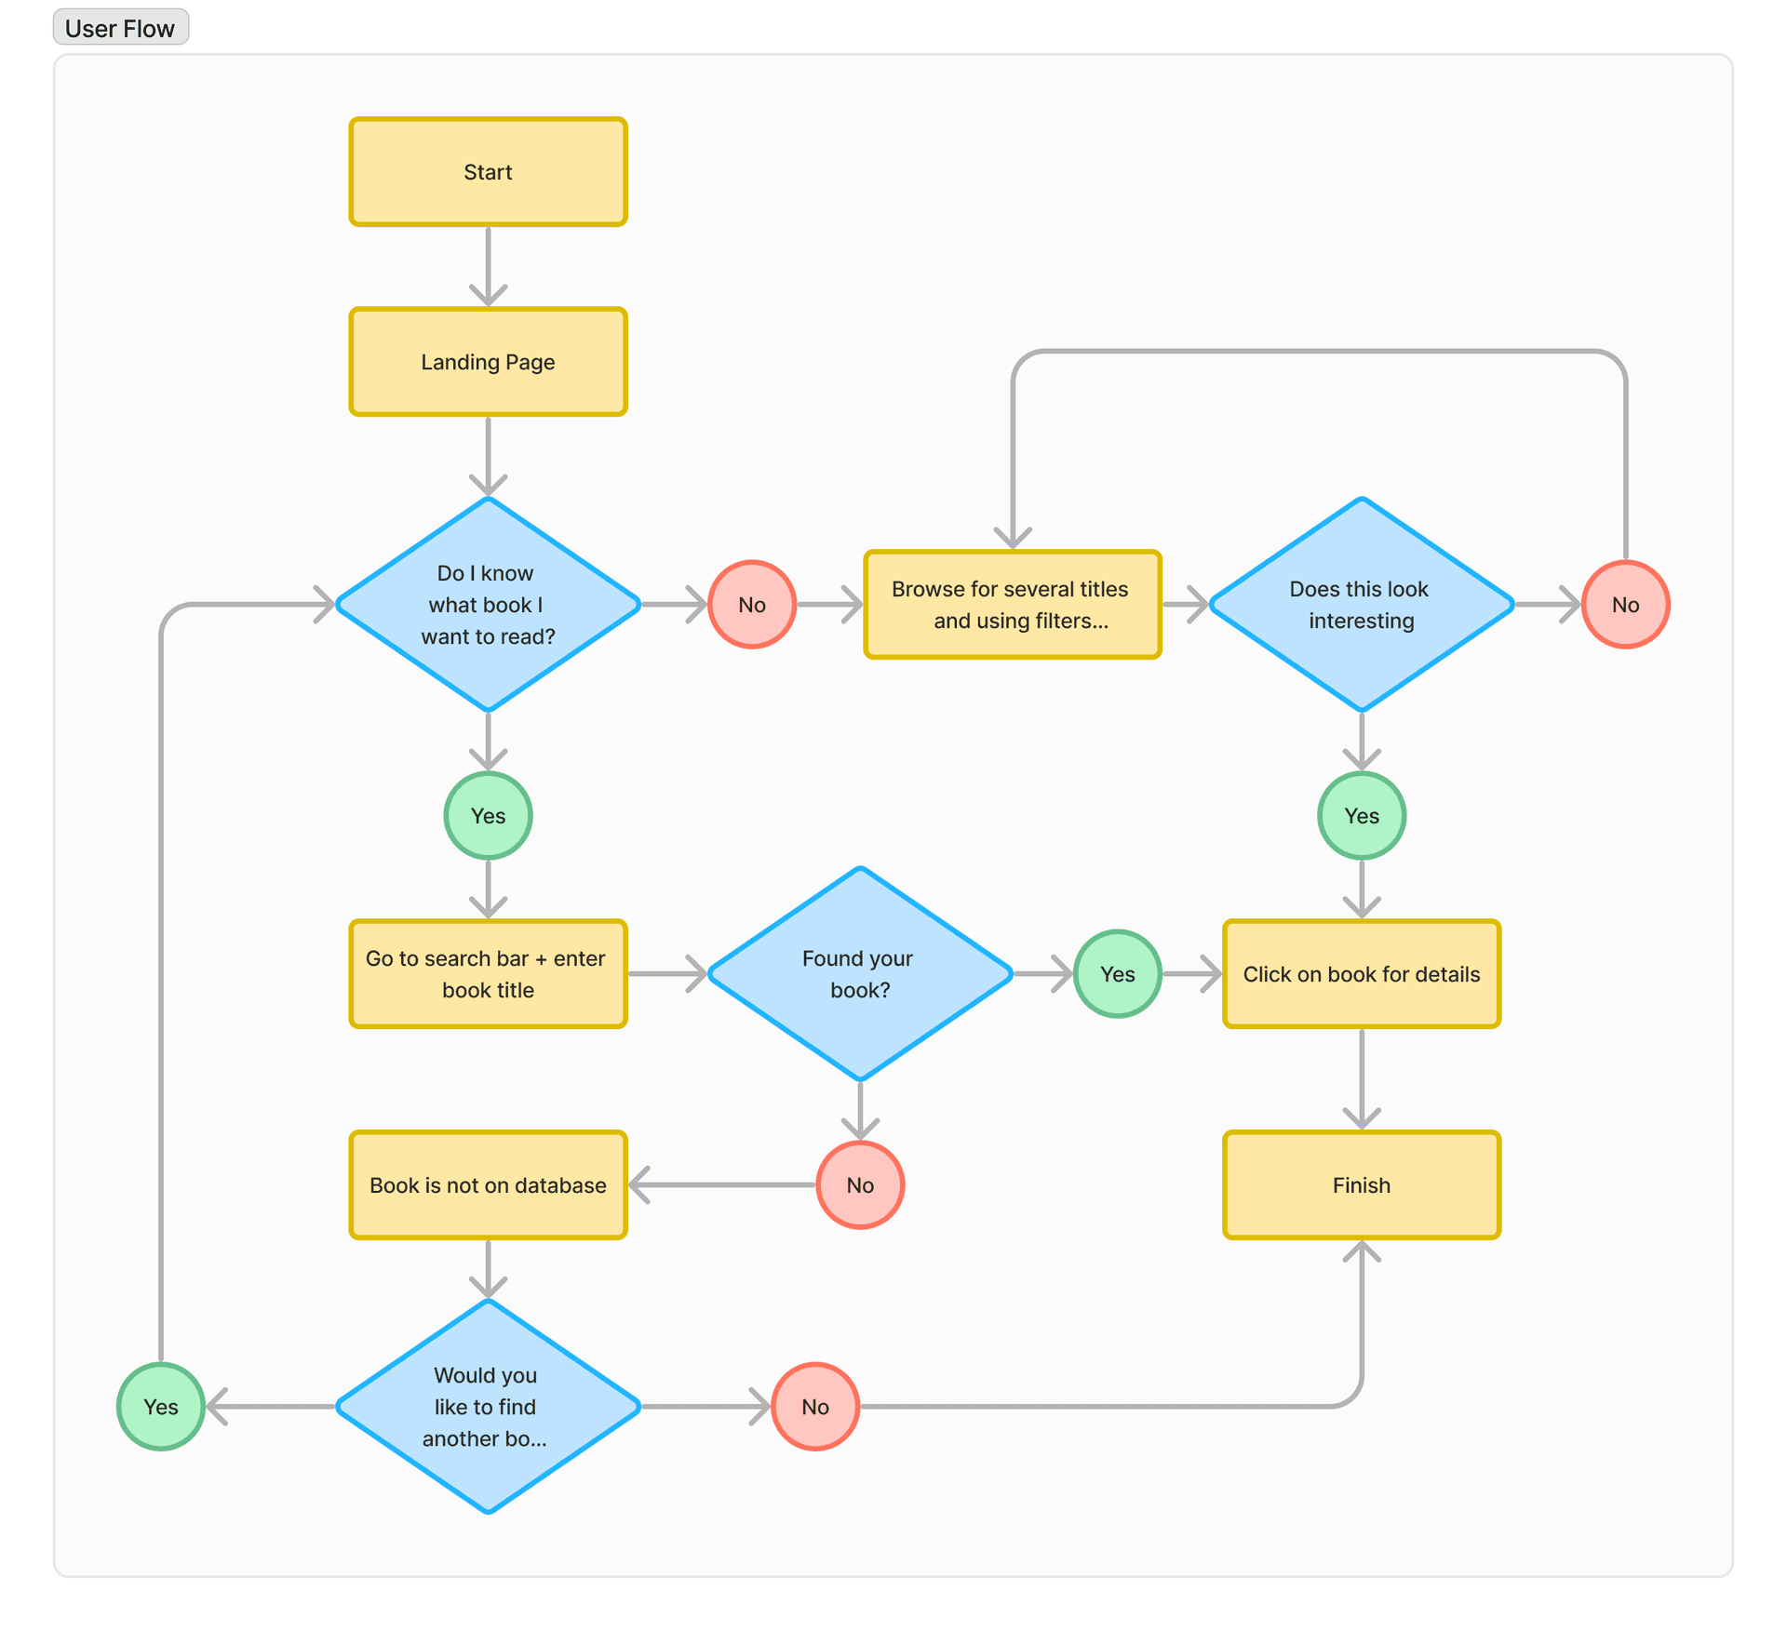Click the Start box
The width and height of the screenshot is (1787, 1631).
pyautogui.click(x=488, y=172)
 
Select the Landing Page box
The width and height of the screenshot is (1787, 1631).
pyautogui.click(x=488, y=362)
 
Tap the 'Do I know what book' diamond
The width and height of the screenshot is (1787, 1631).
pyautogui.click(x=488, y=605)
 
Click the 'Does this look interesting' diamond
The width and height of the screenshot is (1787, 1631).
pyautogui.click(x=1361, y=605)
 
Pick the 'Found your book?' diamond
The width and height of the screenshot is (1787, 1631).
pyautogui.click(x=859, y=974)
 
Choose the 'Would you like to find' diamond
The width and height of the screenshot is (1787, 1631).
pyautogui.click(x=488, y=1407)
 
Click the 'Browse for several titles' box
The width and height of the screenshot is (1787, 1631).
pyautogui.click(x=1012, y=605)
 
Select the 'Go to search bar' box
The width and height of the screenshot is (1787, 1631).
pyautogui.click(x=488, y=974)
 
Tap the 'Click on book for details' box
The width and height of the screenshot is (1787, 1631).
pyautogui.click(x=1361, y=974)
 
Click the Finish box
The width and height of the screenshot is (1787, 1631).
pyautogui.click(x=1361, y=1185)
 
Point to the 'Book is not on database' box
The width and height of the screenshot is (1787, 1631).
pyautogui.click(x=488, y=1185)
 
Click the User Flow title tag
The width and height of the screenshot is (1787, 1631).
pyautogui.click(x=120, y=28)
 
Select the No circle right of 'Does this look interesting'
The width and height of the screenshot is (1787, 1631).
pyautogui.click(x=1625, y=605)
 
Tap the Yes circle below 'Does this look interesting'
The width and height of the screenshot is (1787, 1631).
pyautogui.click(x=1361, y=816)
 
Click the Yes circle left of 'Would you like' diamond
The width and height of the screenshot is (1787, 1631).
pyautogui.click(x=160, y=1407)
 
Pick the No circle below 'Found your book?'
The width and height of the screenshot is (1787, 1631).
pyautogui.click(x=859, y=1185)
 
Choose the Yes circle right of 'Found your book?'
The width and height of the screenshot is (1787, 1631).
pyautogui.click(x=1117, y=974)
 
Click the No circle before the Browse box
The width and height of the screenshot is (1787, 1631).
pyautogui.click(x=751, y=605)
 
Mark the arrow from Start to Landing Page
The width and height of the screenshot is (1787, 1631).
pyautogui.click(x=488, y=265)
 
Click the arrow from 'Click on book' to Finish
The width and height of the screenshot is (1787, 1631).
pyautogui.click(x=1361, y=1079)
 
